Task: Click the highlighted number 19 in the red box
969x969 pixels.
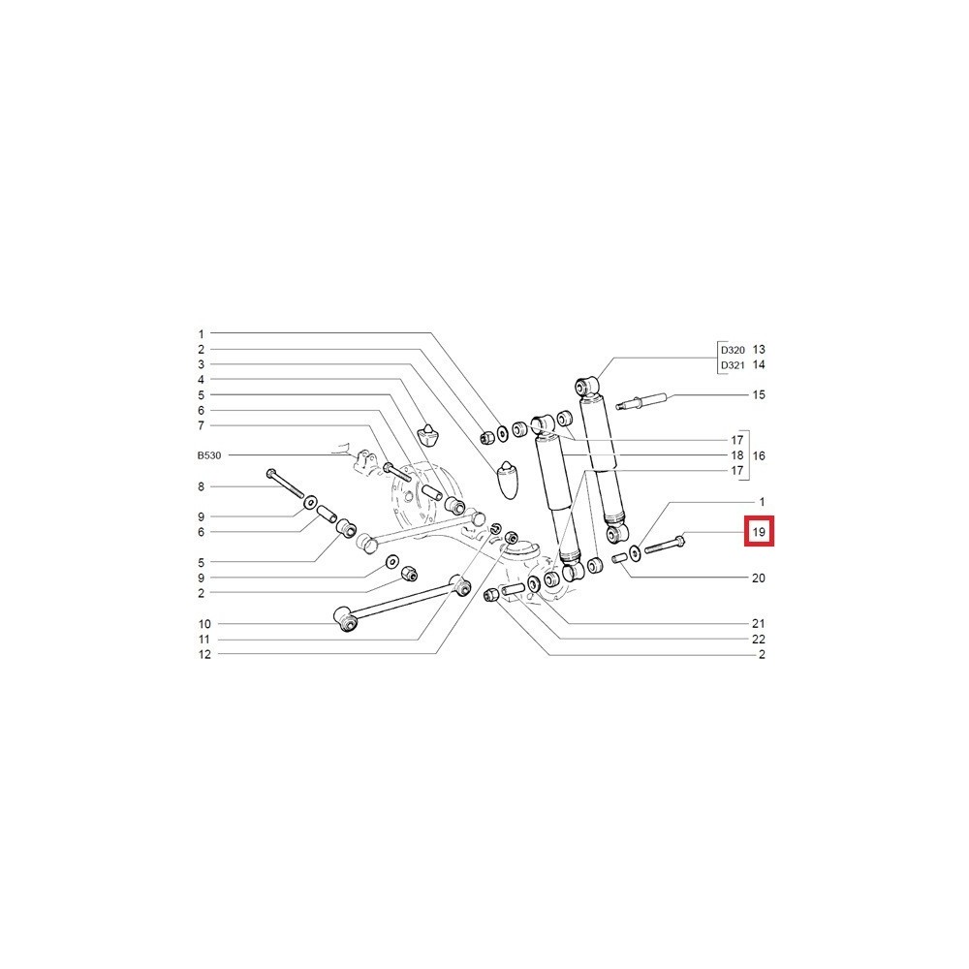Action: tap(759, 532)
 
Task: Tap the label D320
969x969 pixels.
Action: tap(733, 350)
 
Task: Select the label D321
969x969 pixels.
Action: tap(733, 365)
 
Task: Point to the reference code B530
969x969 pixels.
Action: tap(209, 455)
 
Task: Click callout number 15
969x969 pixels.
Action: tap(759, 395)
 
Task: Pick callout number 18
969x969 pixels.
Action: tap(736, 455)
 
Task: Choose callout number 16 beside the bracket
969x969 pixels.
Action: tap(759, 455)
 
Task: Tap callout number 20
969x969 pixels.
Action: tap(759, 578)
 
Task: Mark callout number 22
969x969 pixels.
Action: tap(759, 639)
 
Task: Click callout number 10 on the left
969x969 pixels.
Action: tap(204, 624)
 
